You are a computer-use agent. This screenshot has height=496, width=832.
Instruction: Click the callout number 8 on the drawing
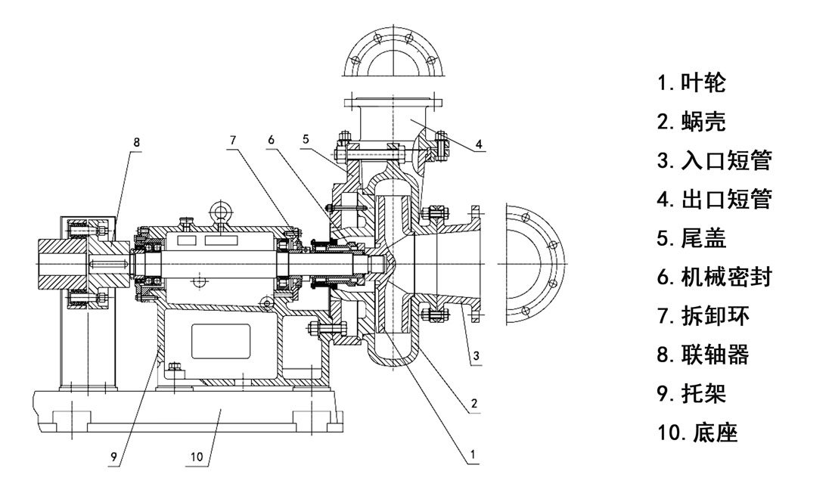pyautogui.click(x=136, y=141)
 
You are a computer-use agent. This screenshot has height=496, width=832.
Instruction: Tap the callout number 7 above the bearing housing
pyautogui.click(x=233, y=139)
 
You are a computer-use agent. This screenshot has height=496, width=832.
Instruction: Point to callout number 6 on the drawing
pyautogui.click(x=271, y=139)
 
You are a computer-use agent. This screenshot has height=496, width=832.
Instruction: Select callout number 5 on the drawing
pyautogui.click(x=306, y=139)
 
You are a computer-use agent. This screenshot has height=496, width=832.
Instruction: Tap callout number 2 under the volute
pyautogui.click(x=473, y=405)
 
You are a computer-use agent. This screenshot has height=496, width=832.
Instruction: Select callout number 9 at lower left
pyautogui.click(x=113, y=456)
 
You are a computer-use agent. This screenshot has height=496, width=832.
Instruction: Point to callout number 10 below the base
pyautogui.click(x=197, y=456)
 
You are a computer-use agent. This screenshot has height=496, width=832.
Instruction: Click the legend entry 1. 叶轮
pyautogui.click(x=691, y=83)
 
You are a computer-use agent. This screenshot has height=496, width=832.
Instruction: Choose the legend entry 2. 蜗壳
pyautogui.click(x=691, y=122)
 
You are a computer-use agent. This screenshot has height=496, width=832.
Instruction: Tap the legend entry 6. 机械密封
pyautogui.click(x=714, y=277)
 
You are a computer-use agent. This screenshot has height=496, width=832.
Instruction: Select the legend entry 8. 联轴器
pyautogui.click(x=703, y=355)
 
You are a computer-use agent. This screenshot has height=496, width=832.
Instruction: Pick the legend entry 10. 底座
pyautogui.click(x=697, y=432)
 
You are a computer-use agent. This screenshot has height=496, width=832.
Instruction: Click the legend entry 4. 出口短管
pyautogui.click(x=714, y=200)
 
